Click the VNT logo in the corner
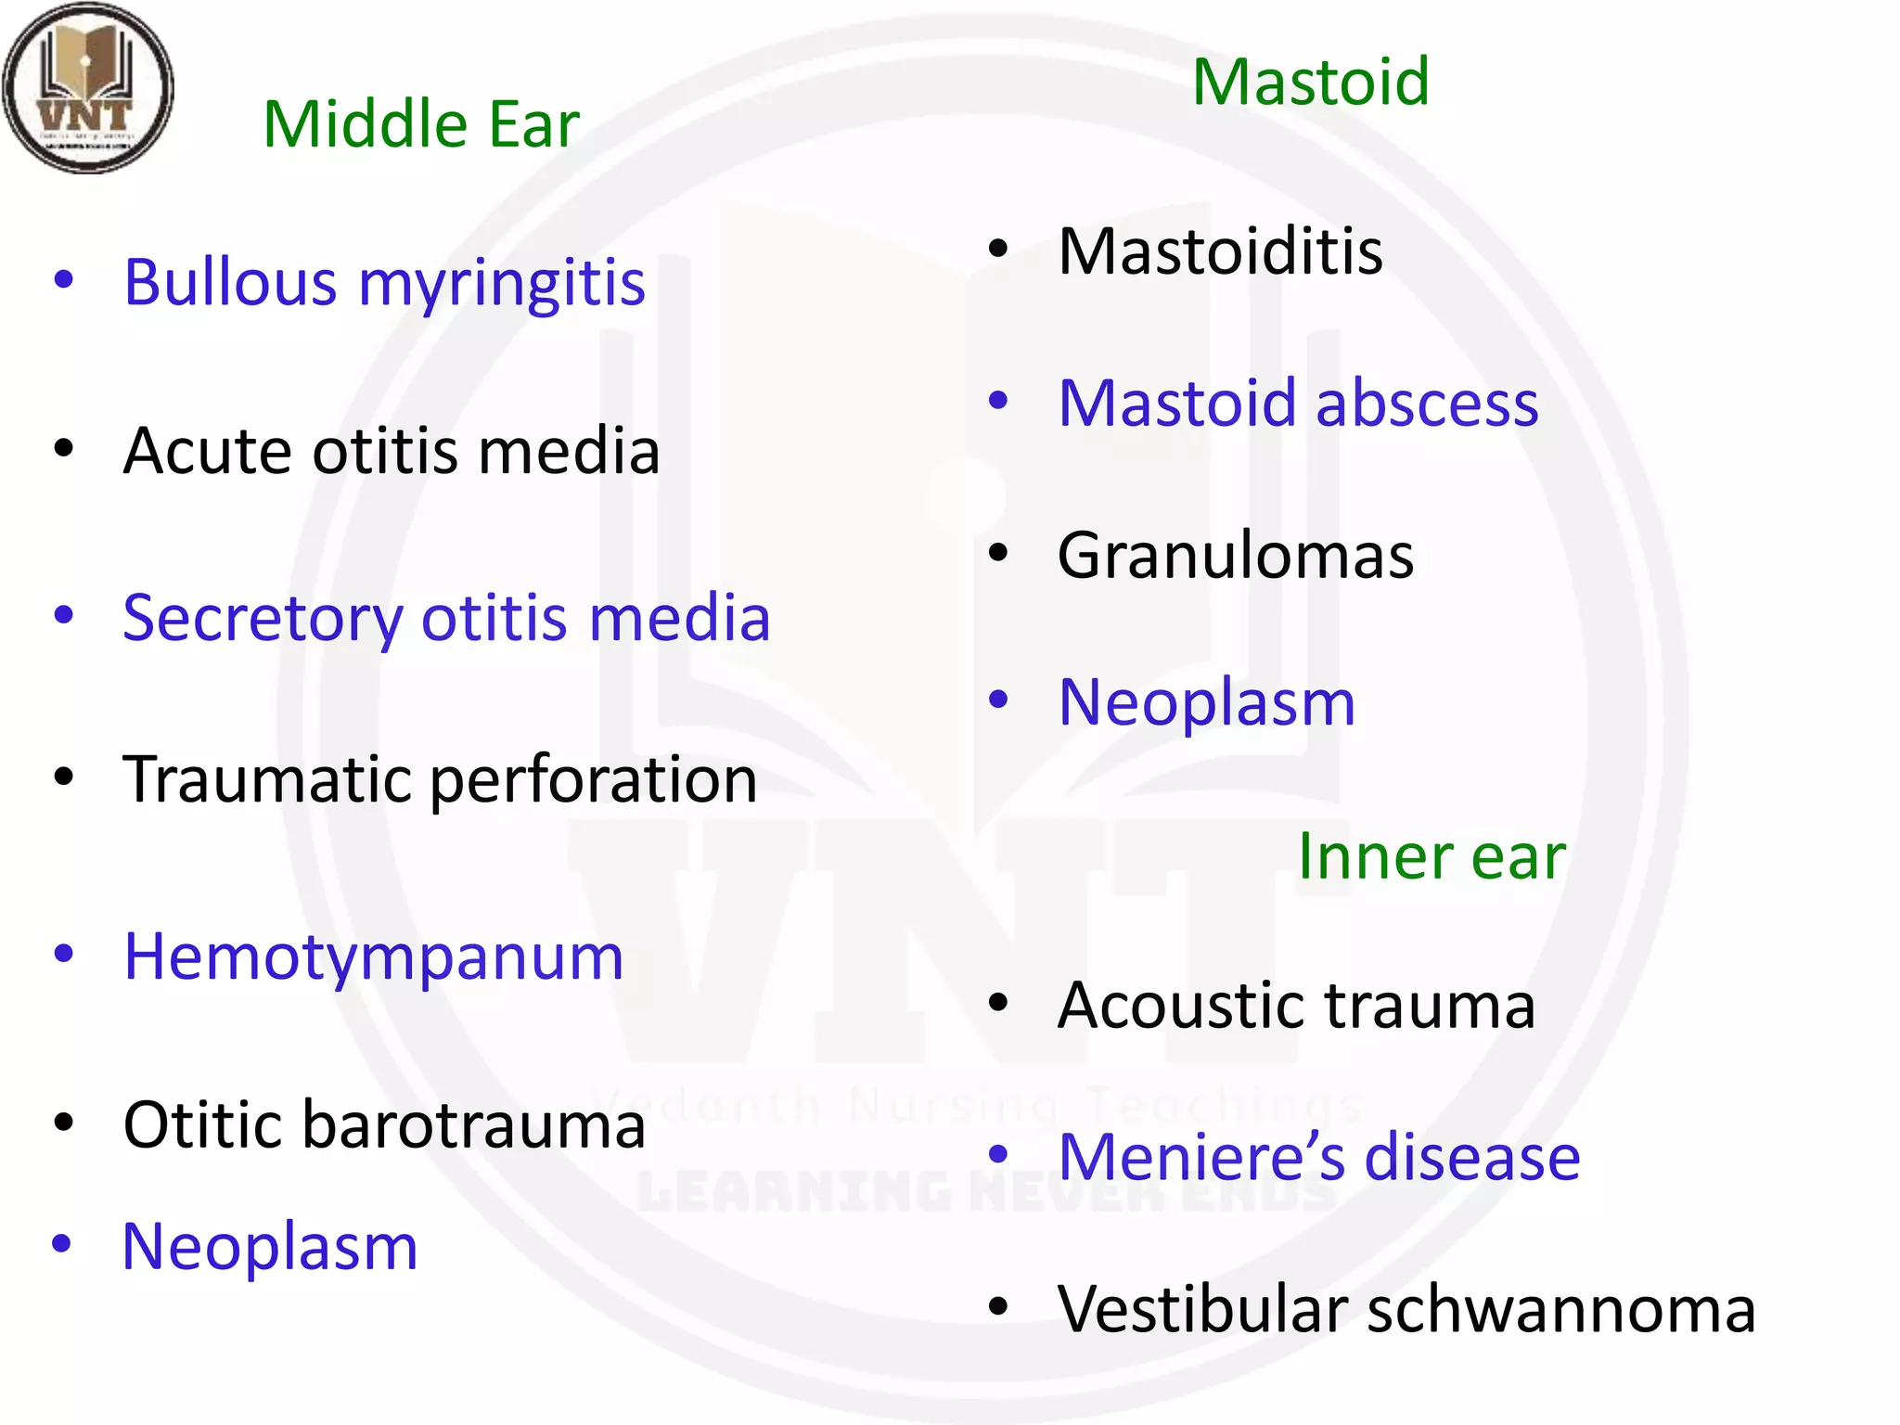click(x=88, y=88)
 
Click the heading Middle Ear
click(x=421, y=124)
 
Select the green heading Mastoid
click(x=1310, y=83)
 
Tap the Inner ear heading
click(x=1431, y=856)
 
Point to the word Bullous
click(x=230, y=282)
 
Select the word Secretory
click(x=263, y=620)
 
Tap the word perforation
click(x=594, y=781)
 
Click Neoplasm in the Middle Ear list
click(x=270, y=1248)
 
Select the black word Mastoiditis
click(x=1220, y=252)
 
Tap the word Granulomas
click(x=1236, y=557)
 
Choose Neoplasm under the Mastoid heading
click(x=1207, y=703)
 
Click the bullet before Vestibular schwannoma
click(x=998, y=1307)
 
